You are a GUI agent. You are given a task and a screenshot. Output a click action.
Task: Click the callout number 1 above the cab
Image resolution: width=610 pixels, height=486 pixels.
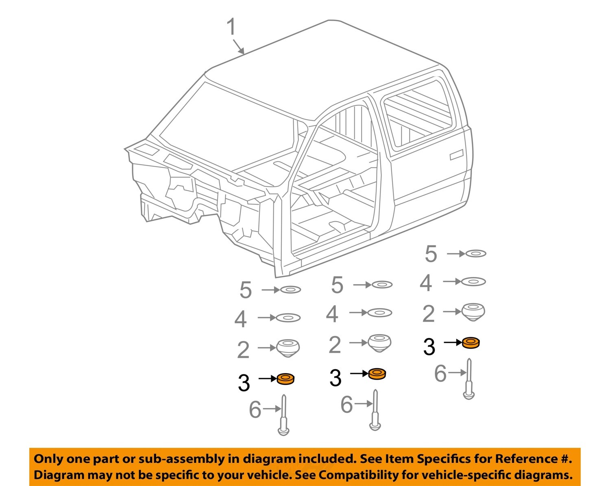pyautogui.click(x=231, y=27)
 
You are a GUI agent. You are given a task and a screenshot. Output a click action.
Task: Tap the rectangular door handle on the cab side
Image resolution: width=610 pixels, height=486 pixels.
pyautogui.click(x=456, y=155)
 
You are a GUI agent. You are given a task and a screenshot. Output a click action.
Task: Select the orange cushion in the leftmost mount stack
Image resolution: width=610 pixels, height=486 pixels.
pyautogui.click(x=285, y=379)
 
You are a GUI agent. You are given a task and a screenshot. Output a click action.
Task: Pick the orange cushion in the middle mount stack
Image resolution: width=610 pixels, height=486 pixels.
pyautogui.click(x=377, y=374)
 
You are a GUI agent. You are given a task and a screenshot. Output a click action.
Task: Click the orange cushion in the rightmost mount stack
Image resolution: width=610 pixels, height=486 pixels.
pyautogui.click(x=471, y=343)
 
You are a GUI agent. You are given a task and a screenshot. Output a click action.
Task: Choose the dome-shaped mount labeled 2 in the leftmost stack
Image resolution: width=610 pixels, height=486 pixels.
pyautogui.click(x=288, y=348)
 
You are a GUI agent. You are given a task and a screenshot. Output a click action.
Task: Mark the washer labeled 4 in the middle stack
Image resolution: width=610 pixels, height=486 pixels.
pyautogui.click(x=379, y=313)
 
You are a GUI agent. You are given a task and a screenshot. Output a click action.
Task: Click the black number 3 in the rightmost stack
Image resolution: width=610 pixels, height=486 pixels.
pyautogui.click(x=429, y=347)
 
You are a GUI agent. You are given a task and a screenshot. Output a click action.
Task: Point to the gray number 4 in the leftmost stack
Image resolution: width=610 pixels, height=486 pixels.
pyautogui.click(x=240, y=319)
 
